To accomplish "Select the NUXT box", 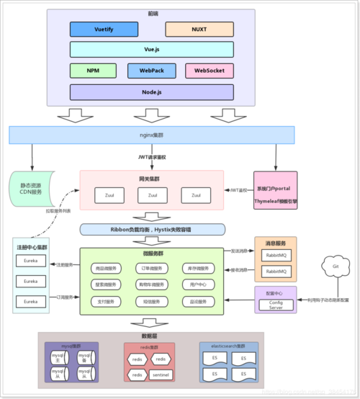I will (x=199, y=30).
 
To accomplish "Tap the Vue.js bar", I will (x=152, y=50).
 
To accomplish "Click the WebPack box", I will (x=152, y=71).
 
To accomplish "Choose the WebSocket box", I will (x=209, y=71).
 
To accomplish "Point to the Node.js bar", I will (x=152, y=92).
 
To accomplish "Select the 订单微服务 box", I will (x=152, y=269).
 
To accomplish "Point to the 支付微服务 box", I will (x=107, y=300).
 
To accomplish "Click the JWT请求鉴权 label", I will (x=152, y=157).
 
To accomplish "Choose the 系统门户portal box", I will (x=276, y=191).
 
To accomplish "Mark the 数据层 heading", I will (x=152, y=336).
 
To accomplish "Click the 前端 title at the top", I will (x=153, y=12).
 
